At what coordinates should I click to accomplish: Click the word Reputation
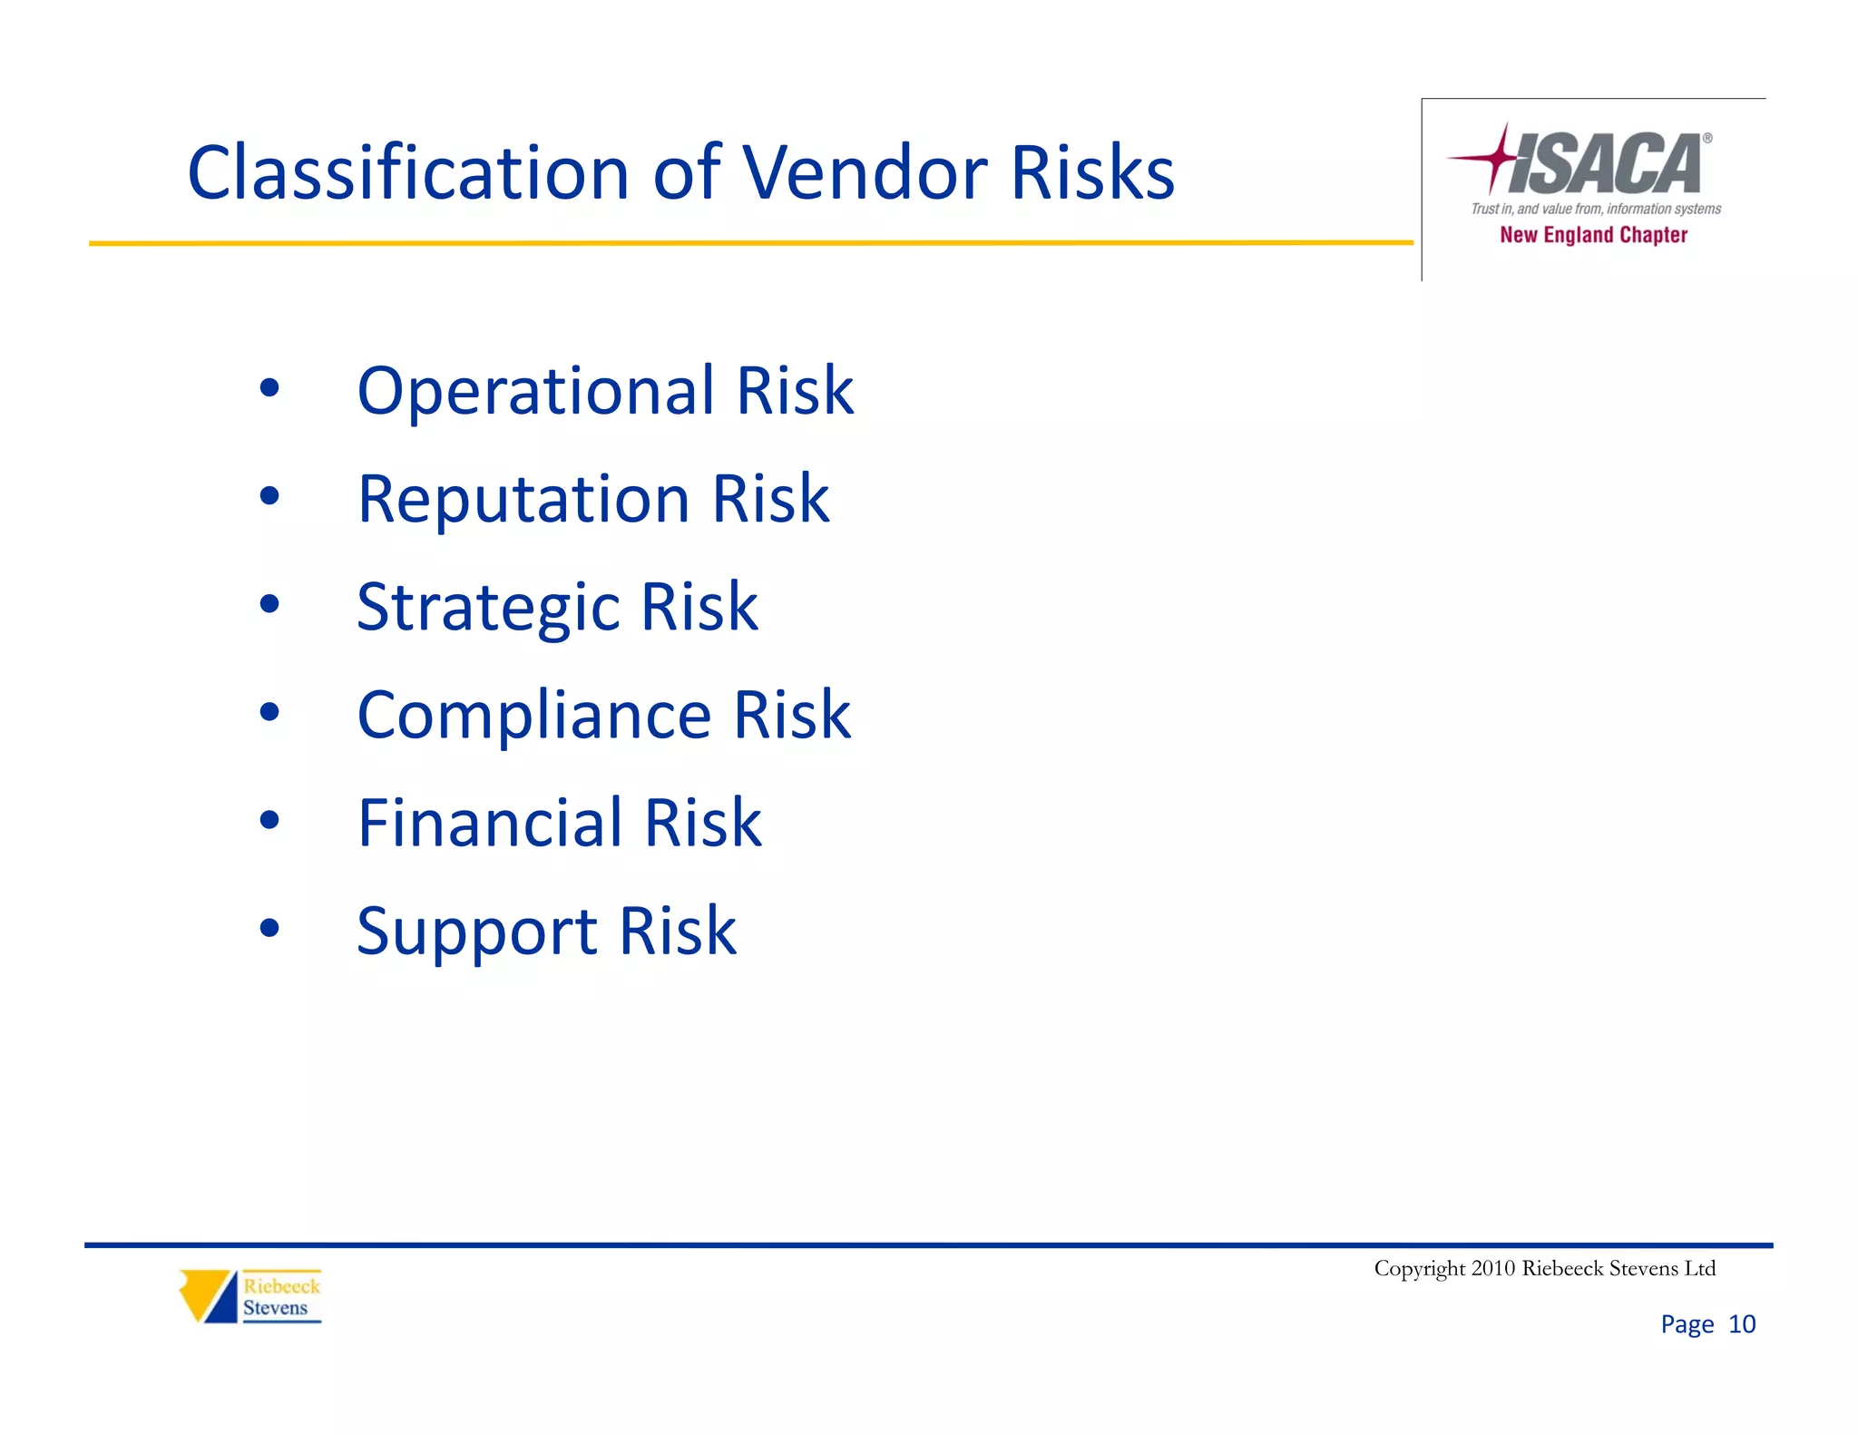click(523, 499)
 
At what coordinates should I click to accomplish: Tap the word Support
click(476, 932)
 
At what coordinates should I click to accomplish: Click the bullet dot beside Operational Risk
click(269, 388)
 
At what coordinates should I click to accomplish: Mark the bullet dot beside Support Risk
click(269, 928)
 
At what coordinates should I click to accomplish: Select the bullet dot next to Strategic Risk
click(269, 604)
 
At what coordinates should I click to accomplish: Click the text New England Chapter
click(1593, 235)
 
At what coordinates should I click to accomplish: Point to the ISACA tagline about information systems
click(1596, 209)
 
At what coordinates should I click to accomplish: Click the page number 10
click(1741, 1324)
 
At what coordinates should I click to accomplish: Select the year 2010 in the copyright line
click(1492, 1268)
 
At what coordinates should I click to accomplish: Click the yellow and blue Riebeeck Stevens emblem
click(208, 1295)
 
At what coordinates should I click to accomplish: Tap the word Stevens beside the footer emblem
click(275, 1308)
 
